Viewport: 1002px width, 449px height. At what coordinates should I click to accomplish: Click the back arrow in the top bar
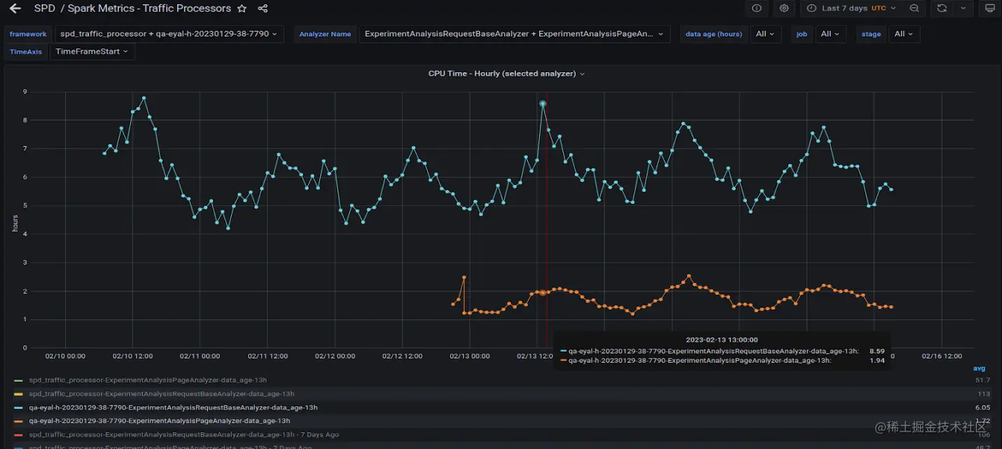(x=15, y=8)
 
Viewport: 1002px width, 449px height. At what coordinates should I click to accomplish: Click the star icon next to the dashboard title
(x=242, y=8)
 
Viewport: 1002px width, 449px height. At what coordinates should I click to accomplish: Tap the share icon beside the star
(x=263, y=8)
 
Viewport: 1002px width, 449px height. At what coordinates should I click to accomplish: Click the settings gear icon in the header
(x=784, y=8)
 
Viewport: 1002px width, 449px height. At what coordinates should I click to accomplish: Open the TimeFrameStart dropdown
(x=91, y=52)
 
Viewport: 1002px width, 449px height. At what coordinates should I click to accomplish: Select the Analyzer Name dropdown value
(x=514, y=34)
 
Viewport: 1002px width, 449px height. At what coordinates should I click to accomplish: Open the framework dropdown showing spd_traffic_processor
(x=168, y=34)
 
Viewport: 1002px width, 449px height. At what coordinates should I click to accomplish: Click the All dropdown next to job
(x=830, y=34)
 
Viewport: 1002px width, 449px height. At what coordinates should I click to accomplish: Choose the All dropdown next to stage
(x=903, y=34)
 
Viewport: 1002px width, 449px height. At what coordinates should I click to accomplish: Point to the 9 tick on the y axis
(x=25, y=92)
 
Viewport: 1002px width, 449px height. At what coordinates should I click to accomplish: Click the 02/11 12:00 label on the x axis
(x=267, y=356)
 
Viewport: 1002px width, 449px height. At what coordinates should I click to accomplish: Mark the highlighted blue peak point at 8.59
(x=543, y=104)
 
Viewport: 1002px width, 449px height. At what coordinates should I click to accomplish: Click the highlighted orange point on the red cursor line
(x=543, y=293)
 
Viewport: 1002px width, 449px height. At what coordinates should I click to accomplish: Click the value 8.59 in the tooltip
(x=877, y=351)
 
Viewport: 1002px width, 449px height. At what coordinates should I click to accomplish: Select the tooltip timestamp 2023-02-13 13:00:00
(x=721, y=340)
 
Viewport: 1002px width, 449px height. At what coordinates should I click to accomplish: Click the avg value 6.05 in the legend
(x=982, y=407)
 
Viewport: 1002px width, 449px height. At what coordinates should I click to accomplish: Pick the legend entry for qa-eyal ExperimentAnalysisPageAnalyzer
(x=159, y=421)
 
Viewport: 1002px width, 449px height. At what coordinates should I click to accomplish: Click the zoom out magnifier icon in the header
(x=914, y=8)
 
